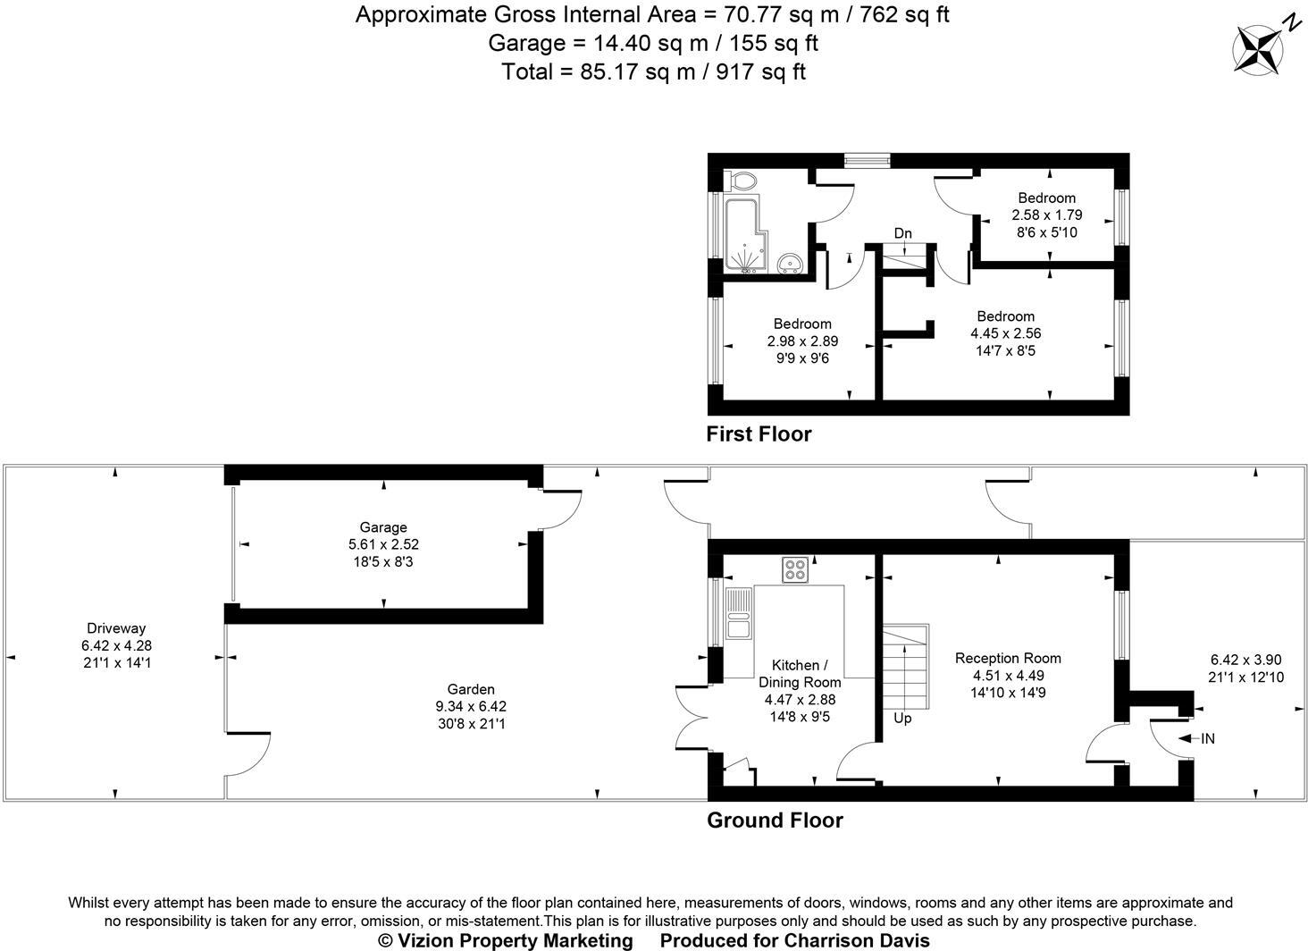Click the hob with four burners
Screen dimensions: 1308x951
[x=795, y=569]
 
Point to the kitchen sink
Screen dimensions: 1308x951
[x=739, y=613]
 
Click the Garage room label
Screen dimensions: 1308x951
[x=383, y=527]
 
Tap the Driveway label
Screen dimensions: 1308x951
[x=116, y=628]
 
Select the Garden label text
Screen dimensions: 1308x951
[x=471, y=689]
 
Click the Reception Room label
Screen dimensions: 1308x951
[x=1008, y=659]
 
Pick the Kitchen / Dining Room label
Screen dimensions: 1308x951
[x=800, y=674]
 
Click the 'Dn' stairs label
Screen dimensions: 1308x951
[x=902, y=233]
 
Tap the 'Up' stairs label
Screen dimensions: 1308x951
[x=902, y=718]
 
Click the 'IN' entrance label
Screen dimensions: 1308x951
[x=1208, y=738]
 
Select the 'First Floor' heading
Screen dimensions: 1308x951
[x=759, y=434]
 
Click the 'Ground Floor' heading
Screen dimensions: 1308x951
[x=775, y=821]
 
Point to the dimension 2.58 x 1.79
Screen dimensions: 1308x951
[x=1047, y=215]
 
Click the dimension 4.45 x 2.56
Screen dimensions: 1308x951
[x=1005, y=333]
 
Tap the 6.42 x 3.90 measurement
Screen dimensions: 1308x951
[x=1246, y=661]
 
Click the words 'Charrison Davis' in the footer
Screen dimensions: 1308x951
[x=857, y=940]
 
